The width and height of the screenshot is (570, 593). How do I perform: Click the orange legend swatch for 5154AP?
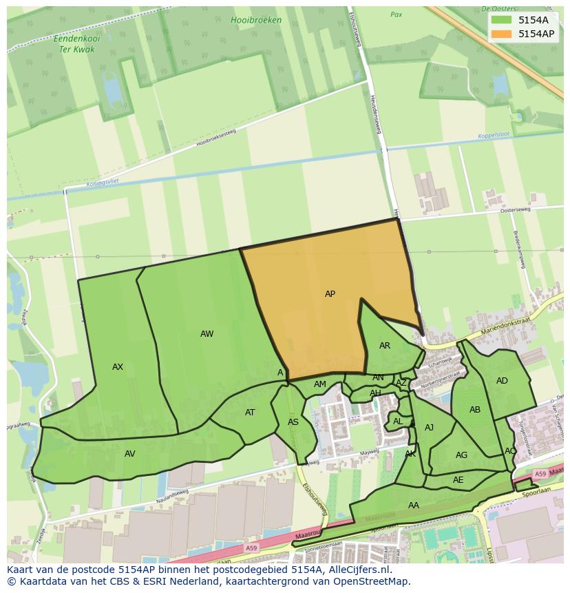(x=502, y=34)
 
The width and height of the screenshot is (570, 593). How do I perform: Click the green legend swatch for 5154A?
(x=502, y=20)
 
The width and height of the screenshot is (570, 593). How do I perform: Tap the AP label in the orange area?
(x=330, y=294)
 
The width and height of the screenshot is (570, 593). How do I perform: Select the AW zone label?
(x=207, y=334)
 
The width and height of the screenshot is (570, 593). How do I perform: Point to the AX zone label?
(x=118, y=367)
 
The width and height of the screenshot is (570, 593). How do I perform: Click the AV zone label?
(x=130, y=454)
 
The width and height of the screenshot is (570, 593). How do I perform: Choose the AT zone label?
(x=250, y=413)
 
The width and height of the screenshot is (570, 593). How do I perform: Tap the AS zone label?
(x=293, y=422)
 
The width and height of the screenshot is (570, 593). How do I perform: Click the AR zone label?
(x=385, y=346)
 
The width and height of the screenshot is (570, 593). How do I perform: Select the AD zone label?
(x=502, y=381)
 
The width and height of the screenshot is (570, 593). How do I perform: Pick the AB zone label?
(x=475, y=410)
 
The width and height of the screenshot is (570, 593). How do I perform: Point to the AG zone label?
(x=461, y=455)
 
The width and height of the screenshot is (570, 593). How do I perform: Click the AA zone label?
(x=413, y=506)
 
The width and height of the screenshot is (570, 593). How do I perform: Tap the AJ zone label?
(x=429, y=428)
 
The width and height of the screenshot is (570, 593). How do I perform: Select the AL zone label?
(x=398, y=422)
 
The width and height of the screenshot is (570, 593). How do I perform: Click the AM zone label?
(x=319, y=384)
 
